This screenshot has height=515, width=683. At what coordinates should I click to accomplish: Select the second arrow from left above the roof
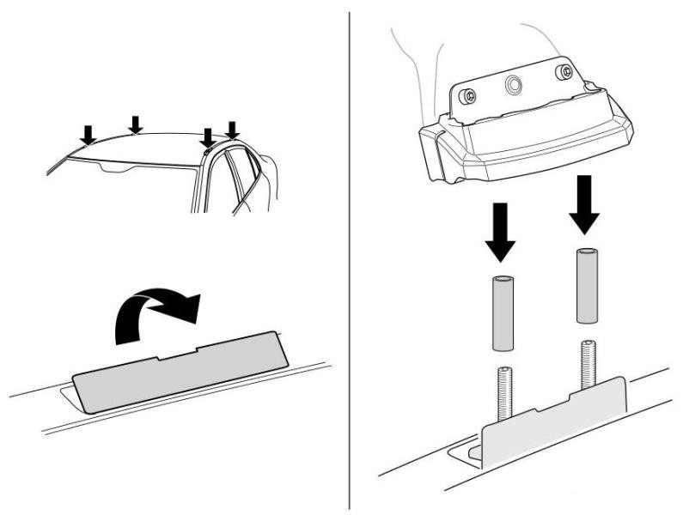tap(134, 124)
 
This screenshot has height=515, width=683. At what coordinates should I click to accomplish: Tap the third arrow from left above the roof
tap(207, 136)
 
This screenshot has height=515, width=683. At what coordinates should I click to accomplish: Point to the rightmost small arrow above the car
tap(232, 129)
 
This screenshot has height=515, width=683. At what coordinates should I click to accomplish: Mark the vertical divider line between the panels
tap(349, 257)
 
